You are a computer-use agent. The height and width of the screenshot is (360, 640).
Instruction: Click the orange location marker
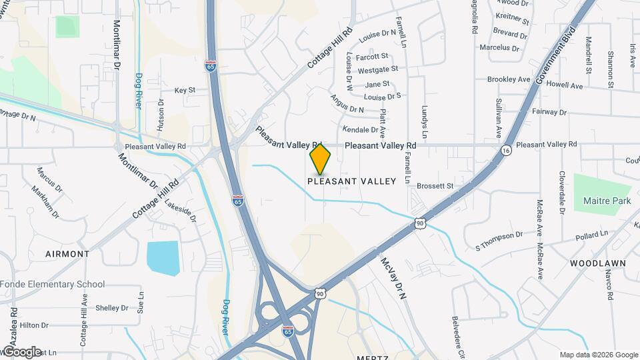[x=321, y=159]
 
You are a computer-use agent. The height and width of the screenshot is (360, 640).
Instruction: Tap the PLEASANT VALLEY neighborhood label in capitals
[x=351, y=181]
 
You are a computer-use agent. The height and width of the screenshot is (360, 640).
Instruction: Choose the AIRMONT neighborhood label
[x=67, y=254]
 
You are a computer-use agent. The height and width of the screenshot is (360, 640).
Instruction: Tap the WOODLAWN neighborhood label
[x=598, y=263]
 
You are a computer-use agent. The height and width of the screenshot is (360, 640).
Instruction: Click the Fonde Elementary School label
[x=53, y=284]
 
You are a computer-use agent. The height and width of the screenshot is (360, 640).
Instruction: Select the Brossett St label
[x=435, y=186]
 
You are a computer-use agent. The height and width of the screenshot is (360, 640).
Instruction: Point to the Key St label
[x=185, y=90]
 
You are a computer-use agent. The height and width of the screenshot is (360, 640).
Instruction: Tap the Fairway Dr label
[x=549, y=112]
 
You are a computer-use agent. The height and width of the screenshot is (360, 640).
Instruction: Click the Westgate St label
[x=377, y=69]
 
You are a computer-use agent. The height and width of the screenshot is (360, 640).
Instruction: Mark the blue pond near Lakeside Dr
[x=163, y=258]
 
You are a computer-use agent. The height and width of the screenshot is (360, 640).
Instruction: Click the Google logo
[x=21, y=351]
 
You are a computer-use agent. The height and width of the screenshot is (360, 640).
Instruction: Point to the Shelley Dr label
[x=111, y=308]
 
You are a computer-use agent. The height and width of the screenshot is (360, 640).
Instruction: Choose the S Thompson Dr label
[x=499, y=236]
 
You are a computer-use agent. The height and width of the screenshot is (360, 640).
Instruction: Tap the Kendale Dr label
[x=360, y=129]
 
